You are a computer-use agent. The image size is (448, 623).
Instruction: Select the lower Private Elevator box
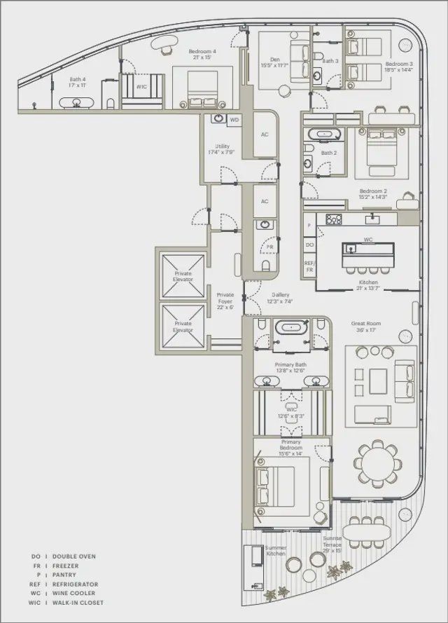pyautogui.click(x=183, y=326)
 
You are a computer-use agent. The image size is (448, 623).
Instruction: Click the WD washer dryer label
pyautogui.click(x=234, y=120)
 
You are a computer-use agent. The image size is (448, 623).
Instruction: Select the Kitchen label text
pyautogui.click(x=368, y=284)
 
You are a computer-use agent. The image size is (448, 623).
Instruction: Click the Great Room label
pyautogui.click(x=365, y=327)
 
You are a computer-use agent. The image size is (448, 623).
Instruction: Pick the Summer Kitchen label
pyautogui.click(x=275, y=551)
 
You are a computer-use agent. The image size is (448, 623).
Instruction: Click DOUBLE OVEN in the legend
pyautogui.click(x=74, y=556)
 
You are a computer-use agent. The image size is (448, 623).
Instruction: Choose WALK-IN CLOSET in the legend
pyautogui.click(x=79, y=602)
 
